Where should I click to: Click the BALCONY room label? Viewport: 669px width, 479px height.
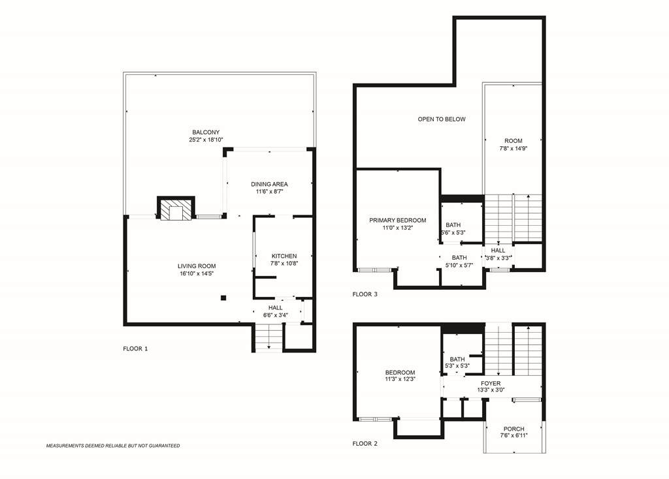coord(206,132)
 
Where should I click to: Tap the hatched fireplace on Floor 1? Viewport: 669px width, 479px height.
coord(176,208)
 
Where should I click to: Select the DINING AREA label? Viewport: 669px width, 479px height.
coord(269,184)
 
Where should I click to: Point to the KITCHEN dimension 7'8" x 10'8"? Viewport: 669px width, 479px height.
coord(284,264)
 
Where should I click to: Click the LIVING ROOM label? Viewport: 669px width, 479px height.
coord(197,266)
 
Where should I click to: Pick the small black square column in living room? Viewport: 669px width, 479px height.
coord(223,298)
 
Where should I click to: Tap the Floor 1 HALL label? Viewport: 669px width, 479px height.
coord(276,307)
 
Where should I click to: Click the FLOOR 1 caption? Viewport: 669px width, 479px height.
coord(135,348)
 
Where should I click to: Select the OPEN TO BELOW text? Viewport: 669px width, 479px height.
coord(442,119)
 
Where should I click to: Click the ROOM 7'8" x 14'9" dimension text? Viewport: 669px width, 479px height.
coord(514,149)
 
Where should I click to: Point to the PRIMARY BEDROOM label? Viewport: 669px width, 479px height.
coord(398,221)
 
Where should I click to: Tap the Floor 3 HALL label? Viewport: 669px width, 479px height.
coord(498,251)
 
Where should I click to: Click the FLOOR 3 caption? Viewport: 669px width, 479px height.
coord(365,294)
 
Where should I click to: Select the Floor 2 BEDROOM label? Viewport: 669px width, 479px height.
coord(400,373)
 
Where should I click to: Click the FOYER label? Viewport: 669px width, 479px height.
coord(491,384)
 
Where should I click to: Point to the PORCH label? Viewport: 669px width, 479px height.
coord(514,429)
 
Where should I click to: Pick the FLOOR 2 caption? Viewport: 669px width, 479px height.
coord(365,444)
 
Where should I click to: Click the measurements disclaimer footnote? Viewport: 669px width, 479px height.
coord(113,446)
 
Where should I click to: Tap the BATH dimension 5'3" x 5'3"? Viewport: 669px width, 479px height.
coord(457,365)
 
